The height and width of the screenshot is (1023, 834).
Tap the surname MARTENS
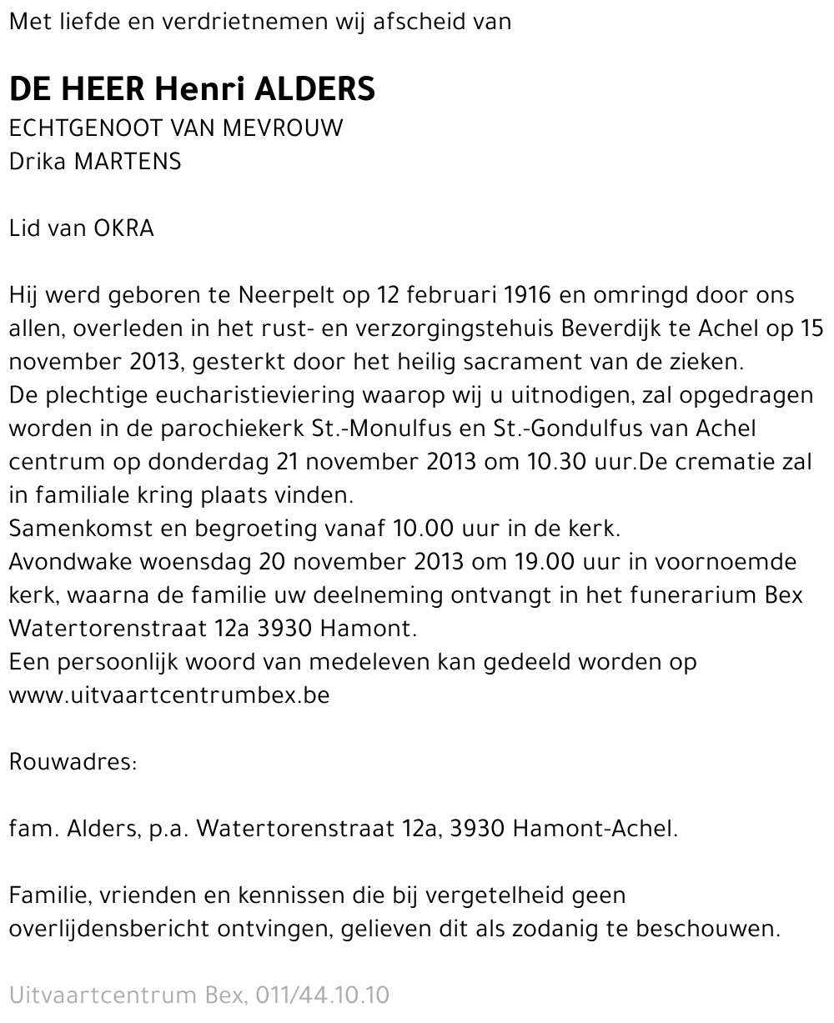(128, 161)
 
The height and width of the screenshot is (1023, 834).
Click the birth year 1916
(527, 295)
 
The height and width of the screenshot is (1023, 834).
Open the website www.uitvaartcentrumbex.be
(169, 695)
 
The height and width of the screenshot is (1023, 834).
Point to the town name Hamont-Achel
(595, 829)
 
